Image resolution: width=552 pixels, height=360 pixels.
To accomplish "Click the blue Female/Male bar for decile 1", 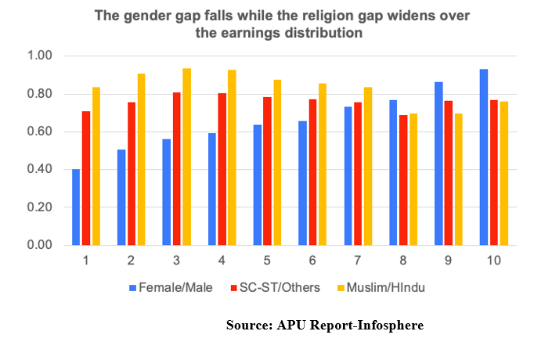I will (x=76, y=207).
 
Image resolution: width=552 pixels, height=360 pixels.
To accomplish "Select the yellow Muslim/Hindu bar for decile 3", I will (x=187, y=157).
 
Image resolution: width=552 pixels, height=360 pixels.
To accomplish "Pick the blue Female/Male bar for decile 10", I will (x=484, y=157).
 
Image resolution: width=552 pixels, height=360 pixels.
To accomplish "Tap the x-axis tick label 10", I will (x=494, y=261).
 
